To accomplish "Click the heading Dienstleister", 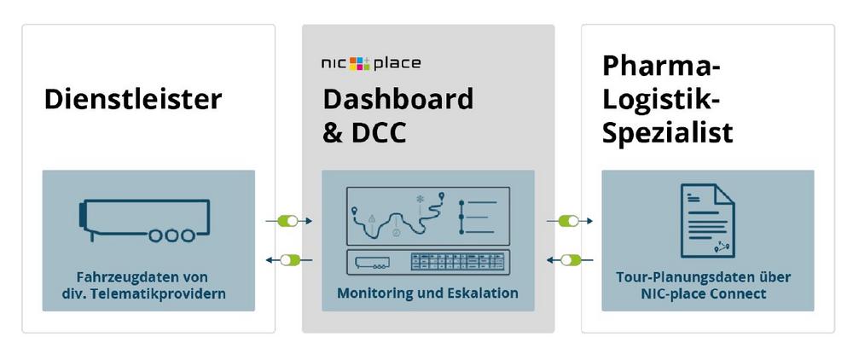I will (133, 99).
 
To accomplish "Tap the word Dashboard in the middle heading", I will (397, 99).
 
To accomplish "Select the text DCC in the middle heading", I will (377, 132).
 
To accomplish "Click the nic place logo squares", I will (360, 63).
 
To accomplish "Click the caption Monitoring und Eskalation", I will (427, 293).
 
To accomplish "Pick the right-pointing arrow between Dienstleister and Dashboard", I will (289, 221).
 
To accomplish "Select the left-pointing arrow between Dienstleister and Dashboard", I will (289, 259).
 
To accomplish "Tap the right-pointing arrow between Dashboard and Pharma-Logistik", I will (569, 221).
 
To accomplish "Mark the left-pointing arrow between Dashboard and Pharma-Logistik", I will (569, 259).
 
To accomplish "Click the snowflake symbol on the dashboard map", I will (420, 200).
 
